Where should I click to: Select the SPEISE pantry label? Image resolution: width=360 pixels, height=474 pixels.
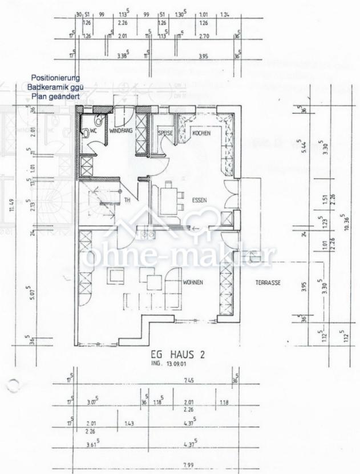point(165,133)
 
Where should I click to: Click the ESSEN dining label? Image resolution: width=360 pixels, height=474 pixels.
point(200,200)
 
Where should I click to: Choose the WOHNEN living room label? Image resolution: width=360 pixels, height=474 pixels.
point(193,283)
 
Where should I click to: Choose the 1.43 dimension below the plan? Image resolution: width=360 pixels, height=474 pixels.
point(130,423)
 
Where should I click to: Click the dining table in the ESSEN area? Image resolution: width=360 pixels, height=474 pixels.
point(167,199)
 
